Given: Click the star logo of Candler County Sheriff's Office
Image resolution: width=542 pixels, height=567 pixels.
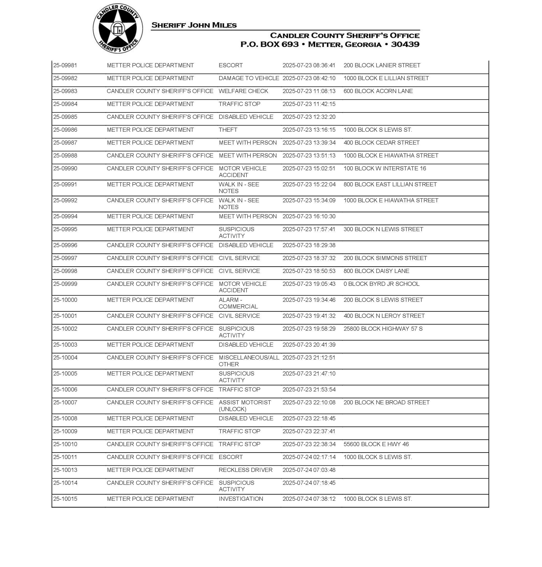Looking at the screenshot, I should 118,29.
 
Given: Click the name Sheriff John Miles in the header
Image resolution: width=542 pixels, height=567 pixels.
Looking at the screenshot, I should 194,25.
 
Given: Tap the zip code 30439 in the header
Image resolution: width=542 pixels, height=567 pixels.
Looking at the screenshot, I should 405,44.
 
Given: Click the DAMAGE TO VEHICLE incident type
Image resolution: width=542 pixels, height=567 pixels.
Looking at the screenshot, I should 249,78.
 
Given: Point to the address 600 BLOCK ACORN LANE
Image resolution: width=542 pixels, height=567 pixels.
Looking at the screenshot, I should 378,91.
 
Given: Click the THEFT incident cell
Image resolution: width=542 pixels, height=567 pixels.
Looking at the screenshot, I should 228,130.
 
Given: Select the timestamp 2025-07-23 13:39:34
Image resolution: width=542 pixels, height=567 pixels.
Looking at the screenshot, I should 309,143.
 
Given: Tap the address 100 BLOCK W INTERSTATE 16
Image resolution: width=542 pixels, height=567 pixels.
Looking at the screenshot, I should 384,169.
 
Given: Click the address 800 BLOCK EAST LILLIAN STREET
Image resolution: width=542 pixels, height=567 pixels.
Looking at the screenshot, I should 390,185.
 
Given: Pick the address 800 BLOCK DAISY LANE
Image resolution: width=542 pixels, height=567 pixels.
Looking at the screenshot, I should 376,271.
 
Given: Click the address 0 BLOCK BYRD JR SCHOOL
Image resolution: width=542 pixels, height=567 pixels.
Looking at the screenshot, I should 381,284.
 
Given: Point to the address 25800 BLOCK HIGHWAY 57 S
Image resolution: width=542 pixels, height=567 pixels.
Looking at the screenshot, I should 383,329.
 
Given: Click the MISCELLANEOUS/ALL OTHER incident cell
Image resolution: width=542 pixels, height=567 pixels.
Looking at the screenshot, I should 249,361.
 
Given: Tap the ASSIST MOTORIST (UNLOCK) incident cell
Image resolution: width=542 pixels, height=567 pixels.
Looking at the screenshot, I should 245,406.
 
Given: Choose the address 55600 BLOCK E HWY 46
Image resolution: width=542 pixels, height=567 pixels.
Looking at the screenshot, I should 376,444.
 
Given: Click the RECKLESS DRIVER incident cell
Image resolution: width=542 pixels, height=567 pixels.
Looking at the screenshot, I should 245,470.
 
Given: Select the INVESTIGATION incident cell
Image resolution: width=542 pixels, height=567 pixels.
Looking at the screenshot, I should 241,499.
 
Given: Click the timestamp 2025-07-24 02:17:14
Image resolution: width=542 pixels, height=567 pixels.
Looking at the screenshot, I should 309,457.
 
